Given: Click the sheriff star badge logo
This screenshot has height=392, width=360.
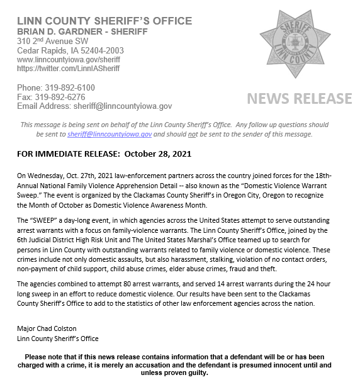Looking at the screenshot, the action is coord(299,43).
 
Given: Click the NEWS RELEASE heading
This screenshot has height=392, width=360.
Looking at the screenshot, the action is coord(299,99).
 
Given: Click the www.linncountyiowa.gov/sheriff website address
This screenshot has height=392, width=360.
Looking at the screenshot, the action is coord(69,59).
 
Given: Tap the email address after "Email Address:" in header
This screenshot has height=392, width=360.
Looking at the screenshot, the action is coord(120,107).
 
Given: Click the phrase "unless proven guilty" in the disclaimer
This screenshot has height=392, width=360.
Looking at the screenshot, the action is coord(180,372).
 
